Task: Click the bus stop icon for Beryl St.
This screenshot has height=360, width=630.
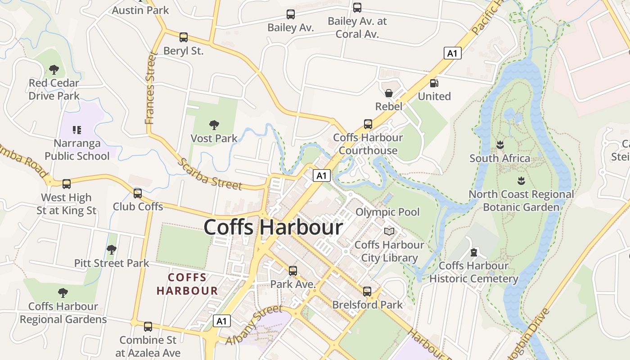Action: [183, 37]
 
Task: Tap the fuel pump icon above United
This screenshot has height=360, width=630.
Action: [434, 83]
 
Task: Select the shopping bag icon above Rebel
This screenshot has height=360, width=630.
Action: [388, 93]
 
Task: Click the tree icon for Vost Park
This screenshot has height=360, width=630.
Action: [214, 125]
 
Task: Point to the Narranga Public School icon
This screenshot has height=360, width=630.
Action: [76, 130]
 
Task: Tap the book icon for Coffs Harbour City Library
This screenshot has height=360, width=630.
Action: [389, 231]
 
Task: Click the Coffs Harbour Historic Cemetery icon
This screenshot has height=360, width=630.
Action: [473, 252]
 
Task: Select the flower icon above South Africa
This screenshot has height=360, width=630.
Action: [499, 145]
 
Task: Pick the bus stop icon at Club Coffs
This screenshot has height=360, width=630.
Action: [138, 193]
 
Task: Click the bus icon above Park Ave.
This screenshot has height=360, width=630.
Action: [293, 271]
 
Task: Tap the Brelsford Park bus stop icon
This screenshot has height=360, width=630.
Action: [367, 292]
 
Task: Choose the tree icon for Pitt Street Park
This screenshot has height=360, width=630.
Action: [112, 249]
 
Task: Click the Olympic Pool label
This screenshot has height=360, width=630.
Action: [387, 212]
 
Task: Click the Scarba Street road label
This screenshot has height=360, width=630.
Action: [210, 175]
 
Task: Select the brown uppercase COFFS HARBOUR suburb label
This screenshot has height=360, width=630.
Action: [187, 284]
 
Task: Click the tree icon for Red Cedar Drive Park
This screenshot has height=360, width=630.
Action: [54, 70]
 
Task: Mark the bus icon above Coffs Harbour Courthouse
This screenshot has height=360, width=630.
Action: [368, 124]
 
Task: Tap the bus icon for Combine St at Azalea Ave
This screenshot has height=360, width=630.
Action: [148, 327]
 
